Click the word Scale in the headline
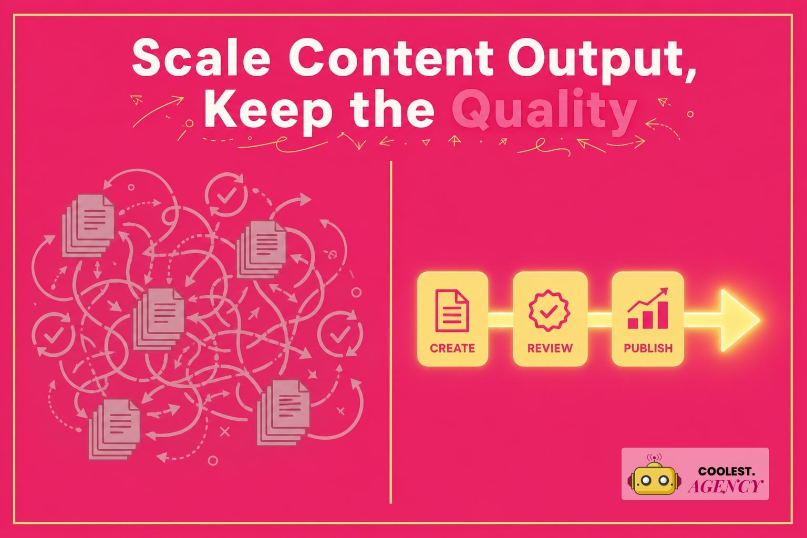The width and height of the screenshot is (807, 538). (x=201, y=58)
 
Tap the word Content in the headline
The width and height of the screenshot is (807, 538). (x=391, y=58)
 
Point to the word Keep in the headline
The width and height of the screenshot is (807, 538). (x=268, y=112)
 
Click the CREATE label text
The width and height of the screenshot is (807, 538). (x=452, y=348)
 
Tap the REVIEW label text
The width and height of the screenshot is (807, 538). (x=550, y=348)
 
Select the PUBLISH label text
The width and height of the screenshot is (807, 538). (x=648, y=348)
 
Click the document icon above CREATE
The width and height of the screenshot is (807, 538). (x=452, y=311)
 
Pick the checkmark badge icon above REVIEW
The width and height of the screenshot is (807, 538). (x=550, y=311)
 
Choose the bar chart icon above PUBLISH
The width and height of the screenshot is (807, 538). (x=648, y=308)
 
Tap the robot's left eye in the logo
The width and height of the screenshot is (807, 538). (x=646, y=480)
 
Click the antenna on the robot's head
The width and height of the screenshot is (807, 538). (x=654, y=459)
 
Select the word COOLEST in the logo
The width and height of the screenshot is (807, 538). (x=726, y=471)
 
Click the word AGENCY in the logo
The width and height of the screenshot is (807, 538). (x=725, y=486)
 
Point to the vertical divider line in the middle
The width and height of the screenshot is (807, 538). (x=391, y=332)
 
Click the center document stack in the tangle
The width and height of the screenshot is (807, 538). (x=159, y=319)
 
